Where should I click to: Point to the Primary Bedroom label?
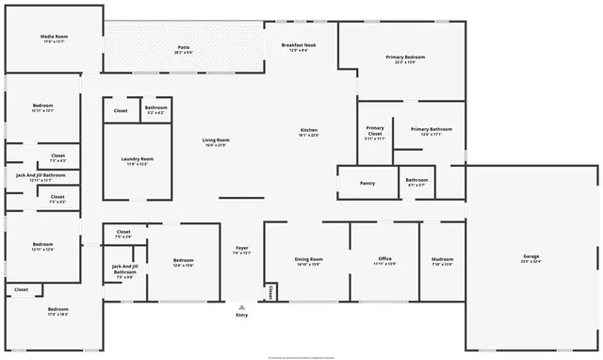point(405,57)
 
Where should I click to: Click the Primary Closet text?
point(375,130)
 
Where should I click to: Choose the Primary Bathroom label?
point(431,129)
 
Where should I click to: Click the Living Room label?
point(216,140)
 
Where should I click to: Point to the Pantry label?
point(367,183)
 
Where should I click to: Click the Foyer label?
point(242,247)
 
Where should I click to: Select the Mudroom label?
point(442,259)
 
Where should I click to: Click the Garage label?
point(531,256)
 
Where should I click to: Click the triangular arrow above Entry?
point(242,306)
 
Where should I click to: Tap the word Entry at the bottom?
point(242,316)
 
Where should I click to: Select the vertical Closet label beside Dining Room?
point(270,292)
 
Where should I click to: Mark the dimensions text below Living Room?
point(216,146)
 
